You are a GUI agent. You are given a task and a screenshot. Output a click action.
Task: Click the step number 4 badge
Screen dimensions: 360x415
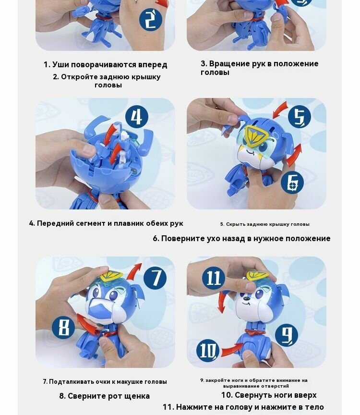136,116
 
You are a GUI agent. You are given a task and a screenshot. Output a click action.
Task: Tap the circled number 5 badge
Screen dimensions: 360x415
299,116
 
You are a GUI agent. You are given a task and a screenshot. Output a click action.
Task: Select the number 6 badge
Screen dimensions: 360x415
292,183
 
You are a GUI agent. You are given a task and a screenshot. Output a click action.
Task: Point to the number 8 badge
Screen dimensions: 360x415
63,328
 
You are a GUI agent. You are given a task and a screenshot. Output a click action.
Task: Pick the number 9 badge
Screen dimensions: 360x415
287,335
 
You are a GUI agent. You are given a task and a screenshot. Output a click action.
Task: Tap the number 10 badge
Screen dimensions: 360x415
208,351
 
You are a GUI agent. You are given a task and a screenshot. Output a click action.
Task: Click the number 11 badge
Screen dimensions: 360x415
214,278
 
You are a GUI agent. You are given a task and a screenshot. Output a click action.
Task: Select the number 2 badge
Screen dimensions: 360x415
151,20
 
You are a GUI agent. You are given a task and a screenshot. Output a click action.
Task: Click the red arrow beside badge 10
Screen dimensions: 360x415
232,349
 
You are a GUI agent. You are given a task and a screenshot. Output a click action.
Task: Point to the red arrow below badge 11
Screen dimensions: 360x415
221,302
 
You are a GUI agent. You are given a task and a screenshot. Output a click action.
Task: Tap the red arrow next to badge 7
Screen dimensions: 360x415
134,271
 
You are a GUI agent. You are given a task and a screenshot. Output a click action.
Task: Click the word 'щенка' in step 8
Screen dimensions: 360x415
137,396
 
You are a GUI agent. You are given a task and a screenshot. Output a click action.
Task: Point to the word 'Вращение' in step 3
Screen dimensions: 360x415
227,64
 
